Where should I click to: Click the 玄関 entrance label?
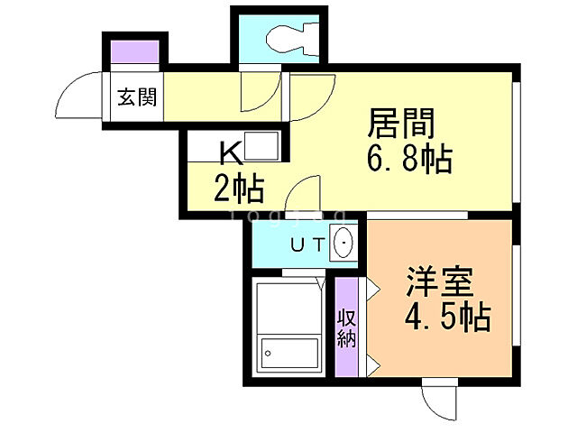click(137, 96)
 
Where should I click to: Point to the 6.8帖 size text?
click(408, 161)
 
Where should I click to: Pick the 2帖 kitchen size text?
click(237, 189)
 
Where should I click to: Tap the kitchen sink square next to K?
click(263, 146)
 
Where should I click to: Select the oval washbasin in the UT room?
click(343, 244)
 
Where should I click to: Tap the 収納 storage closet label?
click(347, 327)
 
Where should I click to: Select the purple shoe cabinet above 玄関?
click(135, 52)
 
